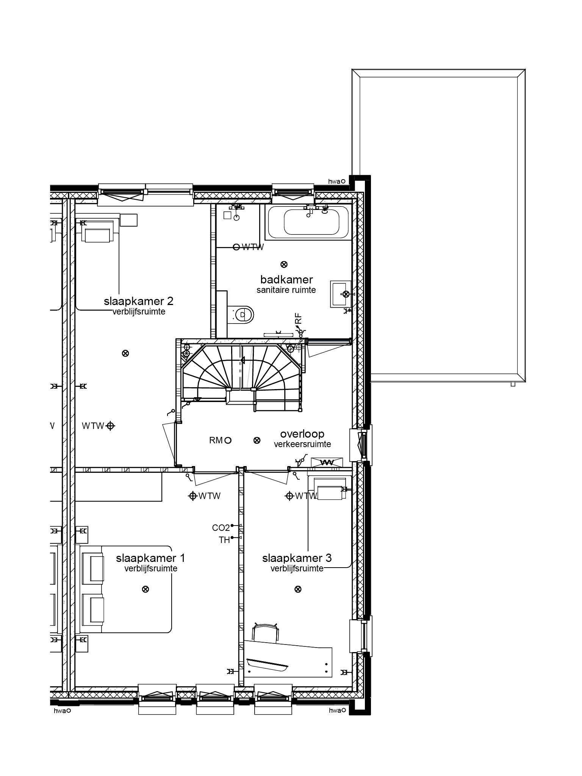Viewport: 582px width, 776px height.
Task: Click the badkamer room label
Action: pos(286,280)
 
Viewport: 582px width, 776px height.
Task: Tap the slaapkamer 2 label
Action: pos(139,301)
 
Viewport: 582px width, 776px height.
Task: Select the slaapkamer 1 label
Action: pos(150,558)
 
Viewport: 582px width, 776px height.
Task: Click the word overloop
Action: pos(302,434)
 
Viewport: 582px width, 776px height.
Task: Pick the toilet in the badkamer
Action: pos(242,314)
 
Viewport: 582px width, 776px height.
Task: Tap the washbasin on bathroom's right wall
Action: pos(340,294)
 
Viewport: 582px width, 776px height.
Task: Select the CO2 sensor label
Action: pos(221,528)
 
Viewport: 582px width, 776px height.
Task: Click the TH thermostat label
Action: pos(224,540)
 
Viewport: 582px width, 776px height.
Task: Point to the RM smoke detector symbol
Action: pos(228,440)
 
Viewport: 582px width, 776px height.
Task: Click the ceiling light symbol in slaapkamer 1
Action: pos(145,589)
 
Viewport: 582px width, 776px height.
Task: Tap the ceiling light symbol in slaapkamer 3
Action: pos(298,589)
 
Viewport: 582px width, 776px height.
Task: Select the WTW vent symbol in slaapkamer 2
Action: pos(110,426)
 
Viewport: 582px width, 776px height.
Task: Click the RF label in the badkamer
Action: pos(299,318)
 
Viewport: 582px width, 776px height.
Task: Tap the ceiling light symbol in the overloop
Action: pos(257,440)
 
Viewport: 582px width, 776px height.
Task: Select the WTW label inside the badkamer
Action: pos(253,247)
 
